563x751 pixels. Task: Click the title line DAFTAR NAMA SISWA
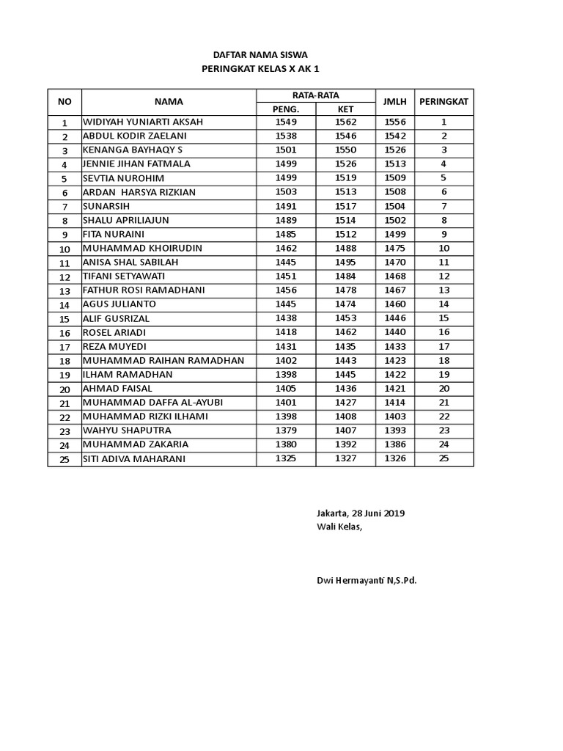(x=260, y=55)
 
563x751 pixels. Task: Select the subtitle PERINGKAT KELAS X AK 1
(x=260, y=69)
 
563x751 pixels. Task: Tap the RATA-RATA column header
(x=316, y=95)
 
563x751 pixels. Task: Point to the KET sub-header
(x=345, y=109)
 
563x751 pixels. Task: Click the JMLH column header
(x=394, y=101)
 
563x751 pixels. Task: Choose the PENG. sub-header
(x=286, y=109)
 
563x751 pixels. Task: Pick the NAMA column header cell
(x=169, y=102)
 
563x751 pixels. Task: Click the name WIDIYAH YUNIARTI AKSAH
(x=143, y=122)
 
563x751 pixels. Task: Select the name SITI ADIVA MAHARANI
(x=134, y=459)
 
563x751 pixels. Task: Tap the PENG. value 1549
(x=286, y=122)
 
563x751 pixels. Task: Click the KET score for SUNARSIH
(x=345, y=206)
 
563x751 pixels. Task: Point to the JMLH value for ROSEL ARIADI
(x=394, y=332)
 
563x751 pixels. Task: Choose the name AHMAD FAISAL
(x=117, y=389)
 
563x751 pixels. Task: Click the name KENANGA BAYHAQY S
(x=133, y=150)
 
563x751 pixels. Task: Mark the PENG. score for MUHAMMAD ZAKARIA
(x=286, y=444)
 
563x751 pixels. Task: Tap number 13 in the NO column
(x=65, y=291)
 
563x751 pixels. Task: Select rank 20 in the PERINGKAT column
(x=444, y=389)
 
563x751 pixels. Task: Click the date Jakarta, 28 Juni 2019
(x=361, y=513)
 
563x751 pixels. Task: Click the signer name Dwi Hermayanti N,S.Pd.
(x=367, y=581)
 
